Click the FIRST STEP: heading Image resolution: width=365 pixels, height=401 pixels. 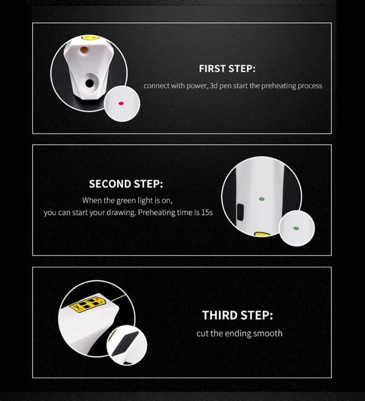227,69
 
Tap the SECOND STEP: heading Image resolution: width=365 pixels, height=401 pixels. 126,184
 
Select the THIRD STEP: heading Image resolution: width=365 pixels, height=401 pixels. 238,315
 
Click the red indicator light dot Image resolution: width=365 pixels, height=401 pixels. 121,103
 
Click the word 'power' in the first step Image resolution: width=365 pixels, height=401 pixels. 196,86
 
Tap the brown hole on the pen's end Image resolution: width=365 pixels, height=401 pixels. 84,50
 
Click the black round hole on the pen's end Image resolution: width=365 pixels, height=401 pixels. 90,83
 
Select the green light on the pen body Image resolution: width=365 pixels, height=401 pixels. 261,199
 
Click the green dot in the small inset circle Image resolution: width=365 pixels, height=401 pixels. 296,228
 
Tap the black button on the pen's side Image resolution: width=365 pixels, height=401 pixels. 240,212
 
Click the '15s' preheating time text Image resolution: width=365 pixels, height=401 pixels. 207,212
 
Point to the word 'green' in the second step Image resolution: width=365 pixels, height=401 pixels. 126,201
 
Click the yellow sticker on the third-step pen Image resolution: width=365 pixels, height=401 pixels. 88,303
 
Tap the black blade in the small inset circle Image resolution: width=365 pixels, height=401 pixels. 125,343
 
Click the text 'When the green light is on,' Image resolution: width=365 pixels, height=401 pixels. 127,201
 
